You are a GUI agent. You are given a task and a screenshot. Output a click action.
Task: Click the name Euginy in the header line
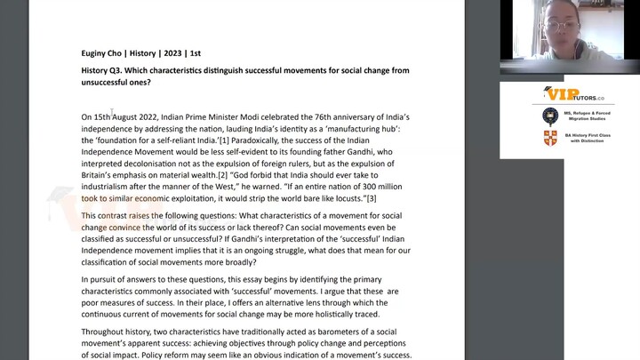click(95, 53)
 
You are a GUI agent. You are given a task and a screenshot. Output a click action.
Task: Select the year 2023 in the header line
click(172, 53)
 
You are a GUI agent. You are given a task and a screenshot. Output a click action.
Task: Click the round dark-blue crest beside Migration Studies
click(550, 116)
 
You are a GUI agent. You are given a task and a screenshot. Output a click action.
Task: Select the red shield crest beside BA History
click(550, 138)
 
